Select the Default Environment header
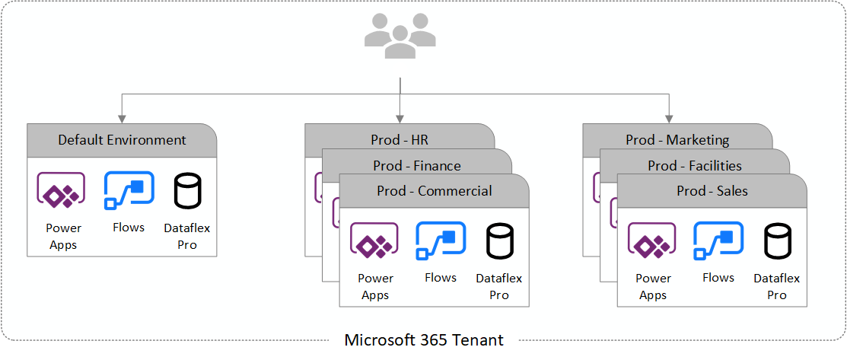pos(122,140)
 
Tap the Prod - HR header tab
pos(399,140)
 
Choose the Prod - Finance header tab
pos(416,165)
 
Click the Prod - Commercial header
pos(434,191)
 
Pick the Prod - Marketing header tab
pos(677,140)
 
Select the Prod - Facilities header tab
pos(694,165)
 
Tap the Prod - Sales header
pos(712,191)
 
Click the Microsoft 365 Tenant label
pos(424,340)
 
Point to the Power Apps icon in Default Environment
pos(62,190)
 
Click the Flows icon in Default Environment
pos(129,190)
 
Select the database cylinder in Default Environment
pos(187,191)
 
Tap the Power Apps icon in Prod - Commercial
pos(374,241)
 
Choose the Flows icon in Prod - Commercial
pos(441,241)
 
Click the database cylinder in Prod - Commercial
pos(499,241)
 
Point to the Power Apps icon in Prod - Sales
pos(651,241)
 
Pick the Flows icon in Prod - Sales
pos(718,241)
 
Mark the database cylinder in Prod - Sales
pos(777,241)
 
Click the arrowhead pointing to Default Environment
pos(122,119)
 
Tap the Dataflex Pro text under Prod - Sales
pos(777,287)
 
